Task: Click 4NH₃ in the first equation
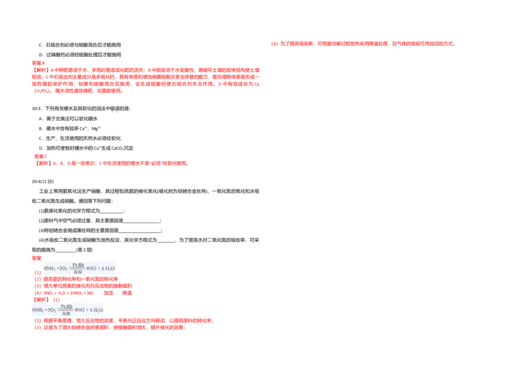tap(50, 268)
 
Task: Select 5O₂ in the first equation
tap(64, 268)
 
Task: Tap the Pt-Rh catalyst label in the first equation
tap(78, 264)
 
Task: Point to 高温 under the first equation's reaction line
tap(78, 272)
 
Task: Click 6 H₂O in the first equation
tap(108, 268)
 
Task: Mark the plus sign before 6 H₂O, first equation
tap(100, 268)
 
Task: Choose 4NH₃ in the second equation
tap(38, 310)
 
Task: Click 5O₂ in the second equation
tap(52, 310)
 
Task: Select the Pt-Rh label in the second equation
tap(66, 306)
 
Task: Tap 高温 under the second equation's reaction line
tap(66, 313)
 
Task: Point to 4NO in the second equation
tap(80, 310)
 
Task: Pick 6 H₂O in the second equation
tap(96, 310)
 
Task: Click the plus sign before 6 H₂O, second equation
tap(88, 310)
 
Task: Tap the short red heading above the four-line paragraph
tap(39, 62)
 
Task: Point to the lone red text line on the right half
tap(363, 44)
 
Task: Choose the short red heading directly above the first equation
tap(37, 258)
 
